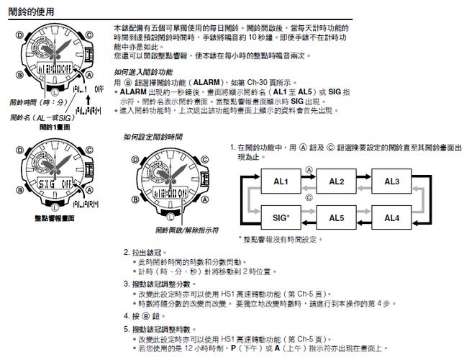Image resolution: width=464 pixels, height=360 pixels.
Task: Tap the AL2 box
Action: pos(337,181)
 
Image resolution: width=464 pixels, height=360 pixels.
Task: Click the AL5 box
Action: pos(337,217)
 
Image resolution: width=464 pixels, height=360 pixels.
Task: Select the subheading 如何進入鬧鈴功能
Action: pos(143,73)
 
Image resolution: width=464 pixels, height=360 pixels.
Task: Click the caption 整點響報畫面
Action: pos(46,218)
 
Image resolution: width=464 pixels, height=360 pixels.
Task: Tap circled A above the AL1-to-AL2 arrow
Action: pos(309,171)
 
